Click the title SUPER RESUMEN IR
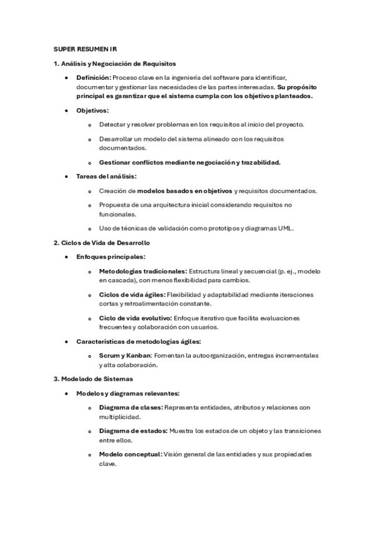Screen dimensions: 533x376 click(85, 48)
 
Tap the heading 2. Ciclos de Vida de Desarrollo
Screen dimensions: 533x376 click(102, 243)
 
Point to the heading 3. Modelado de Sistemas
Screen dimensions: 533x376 click(93, 379)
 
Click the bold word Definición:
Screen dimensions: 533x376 click(94, 77)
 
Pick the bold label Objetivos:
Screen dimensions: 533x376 click(92, 111)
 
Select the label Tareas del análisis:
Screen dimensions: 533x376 click(106, 177)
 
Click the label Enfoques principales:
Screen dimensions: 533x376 click(110, 256)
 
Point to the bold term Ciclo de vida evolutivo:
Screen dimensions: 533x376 click(135, 318)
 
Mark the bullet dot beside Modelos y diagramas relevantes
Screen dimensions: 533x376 click(67, 393)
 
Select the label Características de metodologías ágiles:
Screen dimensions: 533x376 click(138, 341)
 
